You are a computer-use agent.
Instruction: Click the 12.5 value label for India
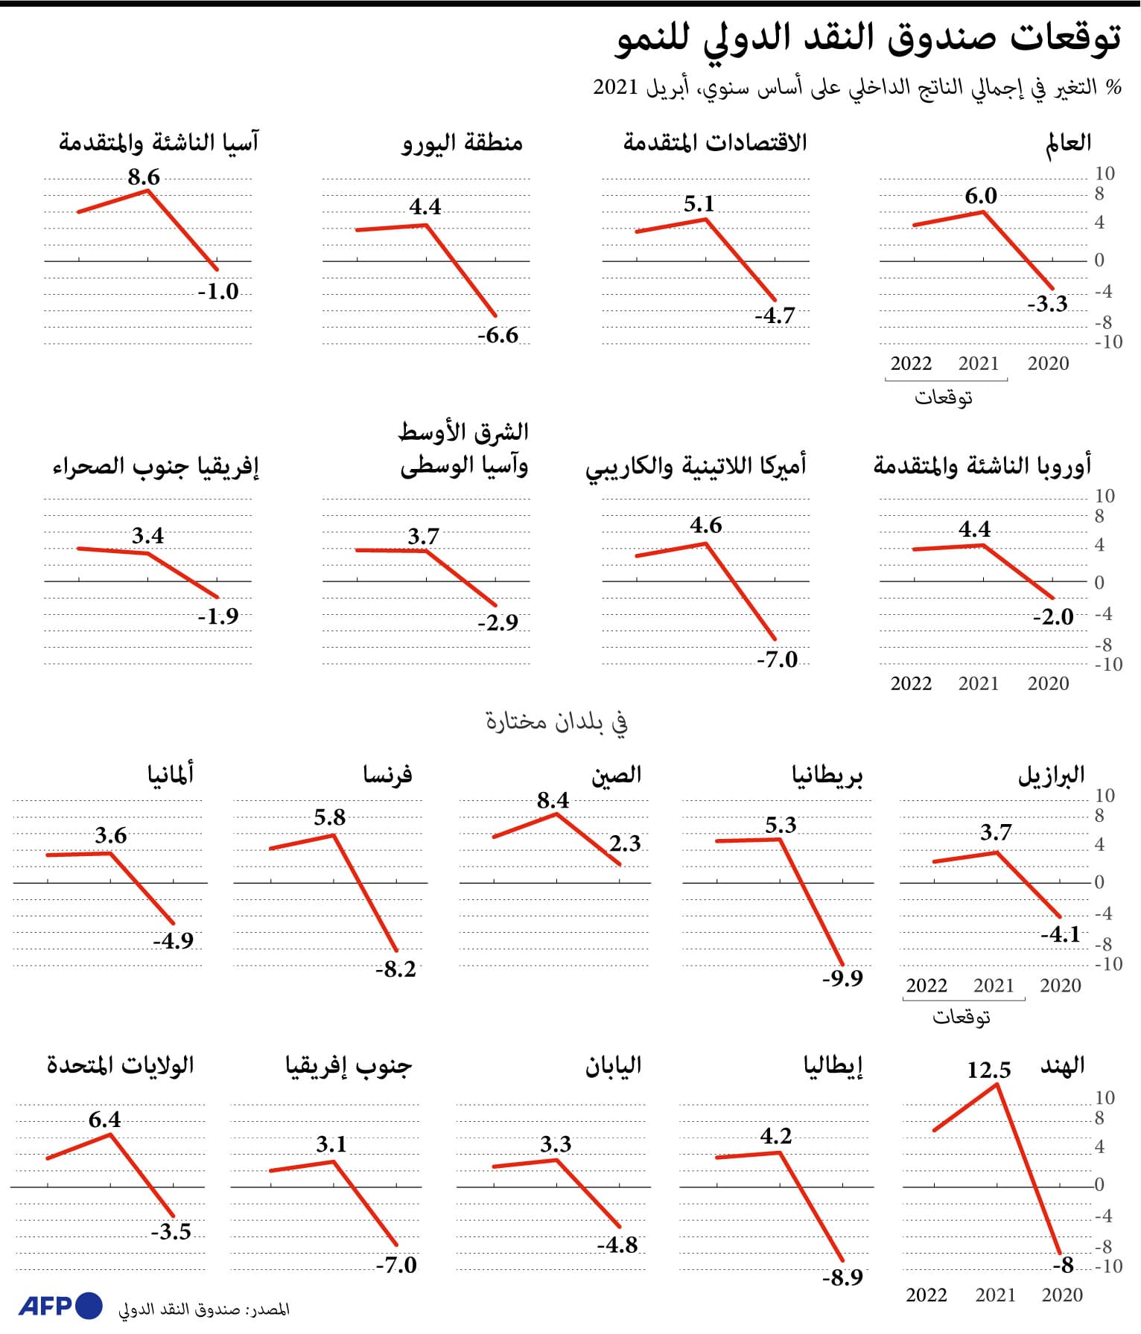pyautogui.click(x=988, y=1070)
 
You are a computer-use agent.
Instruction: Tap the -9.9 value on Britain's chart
pyautogui.click(x=842, y=977)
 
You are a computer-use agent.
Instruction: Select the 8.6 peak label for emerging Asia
pyautogui.click(x=144, y=177)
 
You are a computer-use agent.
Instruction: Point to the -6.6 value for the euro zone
pyautogui.click(x=498, y=335)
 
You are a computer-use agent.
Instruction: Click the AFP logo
pyautogui.click(x=60, y=1306)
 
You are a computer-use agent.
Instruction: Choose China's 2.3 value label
pyautogui.click(x=625, y=843)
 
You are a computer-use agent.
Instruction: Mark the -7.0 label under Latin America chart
pyautogui.click(x=777, y=660)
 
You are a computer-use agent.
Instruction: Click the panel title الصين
pyautogui.click(x=616, y=775)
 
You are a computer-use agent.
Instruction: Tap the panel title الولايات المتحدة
pyautogui.click(x=120, y=1065)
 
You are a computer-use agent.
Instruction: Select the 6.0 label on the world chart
pyautogui.click(x=980, y=196)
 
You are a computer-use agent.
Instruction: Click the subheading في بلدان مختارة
pyautogui.click(x=556, y=721)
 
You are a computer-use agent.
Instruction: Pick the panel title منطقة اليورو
pyautogui.click(x=462, y=142)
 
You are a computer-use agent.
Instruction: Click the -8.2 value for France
pyautogui.click(x=395, y=969)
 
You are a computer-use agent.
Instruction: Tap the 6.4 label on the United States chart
pyautogui.click(x=104, y=1120)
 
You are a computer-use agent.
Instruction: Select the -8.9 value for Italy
pyautogui.click(x=842, y=1277)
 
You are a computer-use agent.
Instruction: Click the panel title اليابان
pyautogui.click(x=612, y=1065)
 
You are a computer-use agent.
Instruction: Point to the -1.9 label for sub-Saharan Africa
pyautogui.click(x=217, y=616)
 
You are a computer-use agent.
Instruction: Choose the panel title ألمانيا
pyautogui.click(x=170, y=775)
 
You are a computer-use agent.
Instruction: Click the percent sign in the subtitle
pyautogui.click(x=1113, y=87)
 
